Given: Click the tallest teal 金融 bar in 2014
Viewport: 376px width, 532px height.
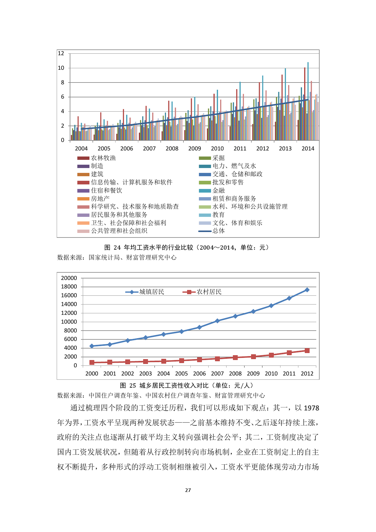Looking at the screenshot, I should [x=308, y=100].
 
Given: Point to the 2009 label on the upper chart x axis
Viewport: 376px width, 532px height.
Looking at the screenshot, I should [x=195, y=149].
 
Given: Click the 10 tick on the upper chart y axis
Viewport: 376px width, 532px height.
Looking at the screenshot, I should [x=61, y=68].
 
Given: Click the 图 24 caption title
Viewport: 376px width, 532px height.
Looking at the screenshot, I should [x=187, y=247].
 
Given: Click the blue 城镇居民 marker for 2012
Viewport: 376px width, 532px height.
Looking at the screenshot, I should [x=307, y=290].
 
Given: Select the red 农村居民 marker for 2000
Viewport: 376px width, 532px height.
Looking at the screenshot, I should [x=92, y=362].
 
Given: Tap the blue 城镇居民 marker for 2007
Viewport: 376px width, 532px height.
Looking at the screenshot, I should [x=217, y=321].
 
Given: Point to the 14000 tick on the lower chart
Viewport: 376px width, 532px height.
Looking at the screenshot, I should [x=69, y=304].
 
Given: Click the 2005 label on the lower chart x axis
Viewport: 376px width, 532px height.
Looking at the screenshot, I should [x=182, y=374].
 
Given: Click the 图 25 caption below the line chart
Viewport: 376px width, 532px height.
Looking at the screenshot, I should [x=187, y=386].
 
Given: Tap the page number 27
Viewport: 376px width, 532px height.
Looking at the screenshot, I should [x=188, y=490].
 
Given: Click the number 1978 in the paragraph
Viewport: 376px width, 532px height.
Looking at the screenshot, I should [x=311, y=408].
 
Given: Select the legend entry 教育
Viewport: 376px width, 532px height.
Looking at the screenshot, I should [x=218, y=215].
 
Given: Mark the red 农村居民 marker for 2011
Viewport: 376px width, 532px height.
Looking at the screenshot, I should [x=289, y=353].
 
